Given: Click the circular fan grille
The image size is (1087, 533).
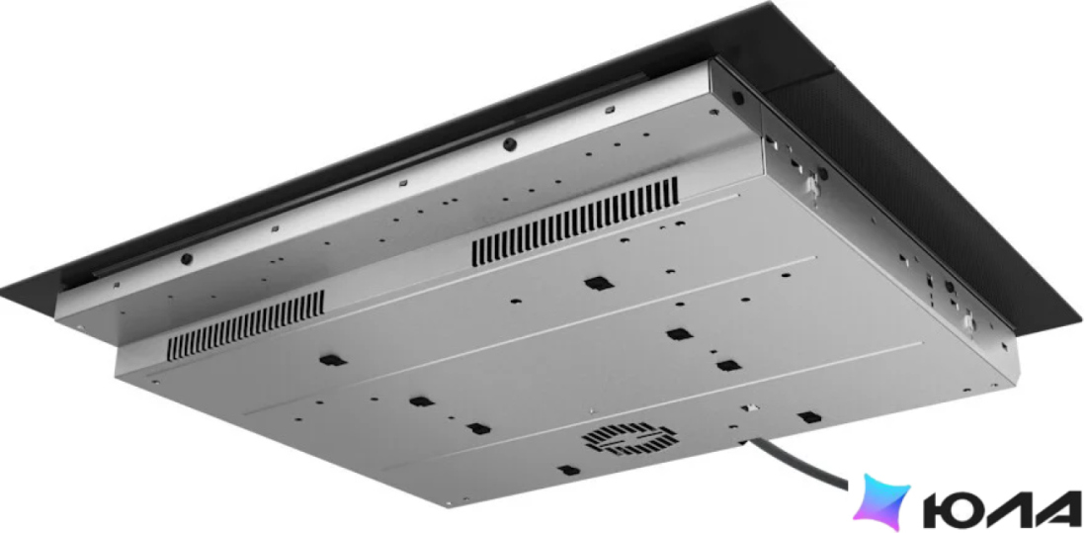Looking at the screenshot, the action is (x=630, y=439).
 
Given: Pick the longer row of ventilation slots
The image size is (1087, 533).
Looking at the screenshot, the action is (x=575, y=222).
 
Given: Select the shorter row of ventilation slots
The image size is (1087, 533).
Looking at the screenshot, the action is (x=245, y=324).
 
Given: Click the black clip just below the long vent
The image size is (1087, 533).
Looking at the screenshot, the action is (x=596, y=283).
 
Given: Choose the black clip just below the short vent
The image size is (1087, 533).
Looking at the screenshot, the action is (x=333, y=360).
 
